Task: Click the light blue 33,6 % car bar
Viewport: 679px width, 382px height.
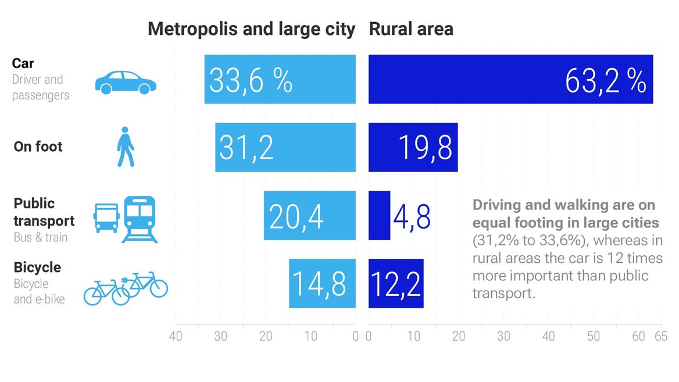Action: pyautogui.click(x=280, y=80)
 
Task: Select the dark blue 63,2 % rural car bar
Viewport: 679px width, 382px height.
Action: pyautogui.click(x=510, y=80)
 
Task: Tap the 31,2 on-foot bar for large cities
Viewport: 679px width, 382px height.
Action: pyautogui.click(x=285, y=147)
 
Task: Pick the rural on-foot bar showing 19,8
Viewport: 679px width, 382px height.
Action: pyautogui.click(x=413, y=147)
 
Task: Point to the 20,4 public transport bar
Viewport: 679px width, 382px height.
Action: pyautogui.click(x=309, y=215)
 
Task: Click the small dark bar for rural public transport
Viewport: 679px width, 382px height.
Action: pyautogui.click(x=379, y=215)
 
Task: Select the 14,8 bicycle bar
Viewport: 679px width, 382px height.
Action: pyautogui.click(x=322, y=283)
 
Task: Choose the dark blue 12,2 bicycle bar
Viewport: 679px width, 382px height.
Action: pyautogui.click(x=396, y=283)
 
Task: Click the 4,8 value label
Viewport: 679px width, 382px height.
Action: pyautogui.click(x=412, y=216)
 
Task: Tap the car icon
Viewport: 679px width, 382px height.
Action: pyautogui.click(x=126, y=83)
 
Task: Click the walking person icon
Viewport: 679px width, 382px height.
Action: pyautogui.click(x=125, y=147)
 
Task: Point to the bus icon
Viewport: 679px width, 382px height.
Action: pyautogui.click(x=107, y=218)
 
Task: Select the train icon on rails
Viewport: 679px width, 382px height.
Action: pyautogui.click(x=140, y=219)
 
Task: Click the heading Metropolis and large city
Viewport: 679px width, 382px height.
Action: pyautogui.click(x=251, y=29)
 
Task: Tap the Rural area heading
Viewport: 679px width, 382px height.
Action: pyautogui.click(x=411, y=29)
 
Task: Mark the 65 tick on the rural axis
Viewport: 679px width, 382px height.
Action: pyautogui.click(x=660, y=337)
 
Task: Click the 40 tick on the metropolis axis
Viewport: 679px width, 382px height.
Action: pyautogui.click(x=176, y=337)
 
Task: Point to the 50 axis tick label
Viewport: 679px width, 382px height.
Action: pyautogui.click(x=593, y=337)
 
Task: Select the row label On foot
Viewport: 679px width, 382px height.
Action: pyautogui.click(x=38, y=147)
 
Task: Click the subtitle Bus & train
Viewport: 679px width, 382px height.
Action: pyautogui.click(x=41, y=237)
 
